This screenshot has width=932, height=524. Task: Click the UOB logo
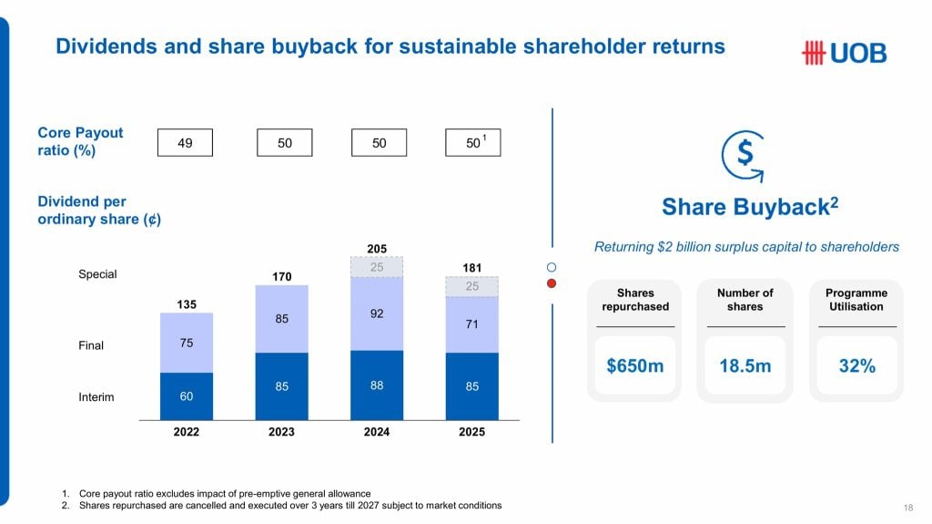(843, 54)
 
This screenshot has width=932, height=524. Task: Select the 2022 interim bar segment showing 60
(187, 396)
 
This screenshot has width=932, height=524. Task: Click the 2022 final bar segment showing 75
(187, 343)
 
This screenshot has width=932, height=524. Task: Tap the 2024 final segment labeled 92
(377, 313)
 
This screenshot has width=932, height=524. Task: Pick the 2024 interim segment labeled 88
(377, 385)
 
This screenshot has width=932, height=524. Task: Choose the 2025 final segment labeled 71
(471, 324)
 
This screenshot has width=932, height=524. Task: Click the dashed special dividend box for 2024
(377, 267)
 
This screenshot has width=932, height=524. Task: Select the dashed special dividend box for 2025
(471, 286)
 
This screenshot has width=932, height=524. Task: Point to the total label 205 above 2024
(377, 249)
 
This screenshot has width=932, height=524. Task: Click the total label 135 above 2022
(187, 304)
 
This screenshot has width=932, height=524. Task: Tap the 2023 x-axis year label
(281, 431)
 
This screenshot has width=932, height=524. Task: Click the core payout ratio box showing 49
(185, 143)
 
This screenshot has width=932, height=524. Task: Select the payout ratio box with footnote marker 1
(473, 143)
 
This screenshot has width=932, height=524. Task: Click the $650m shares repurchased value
(635, 365)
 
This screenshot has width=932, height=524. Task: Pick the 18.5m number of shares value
(745, 365)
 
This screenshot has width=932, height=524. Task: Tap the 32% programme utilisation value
(856, 365)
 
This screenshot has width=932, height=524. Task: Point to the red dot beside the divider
(551, 283)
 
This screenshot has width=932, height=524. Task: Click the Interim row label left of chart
(96, 397)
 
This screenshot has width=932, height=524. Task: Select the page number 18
(907, 508)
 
